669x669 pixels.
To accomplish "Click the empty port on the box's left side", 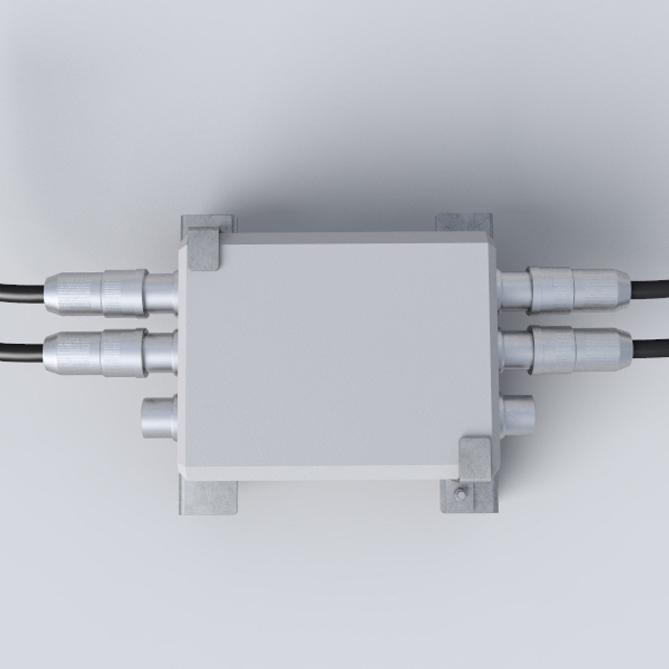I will [x=159, y=417].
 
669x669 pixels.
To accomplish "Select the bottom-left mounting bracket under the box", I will [x=208, y=497].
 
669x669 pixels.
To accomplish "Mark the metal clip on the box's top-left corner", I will [x=204, y=248].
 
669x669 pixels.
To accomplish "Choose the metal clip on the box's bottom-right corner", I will [x=474, y=459].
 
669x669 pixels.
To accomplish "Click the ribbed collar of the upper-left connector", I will [x=124, y=293].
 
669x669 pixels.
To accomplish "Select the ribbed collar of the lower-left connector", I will [x=123, y=352].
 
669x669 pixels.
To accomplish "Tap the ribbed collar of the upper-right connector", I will [x=550, y=289].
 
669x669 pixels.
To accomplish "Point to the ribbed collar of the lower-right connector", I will [x=553, y=349].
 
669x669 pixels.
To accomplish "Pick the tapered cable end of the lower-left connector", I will [x=72, y=352].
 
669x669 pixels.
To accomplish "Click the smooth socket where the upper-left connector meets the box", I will [x=161, y=292].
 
